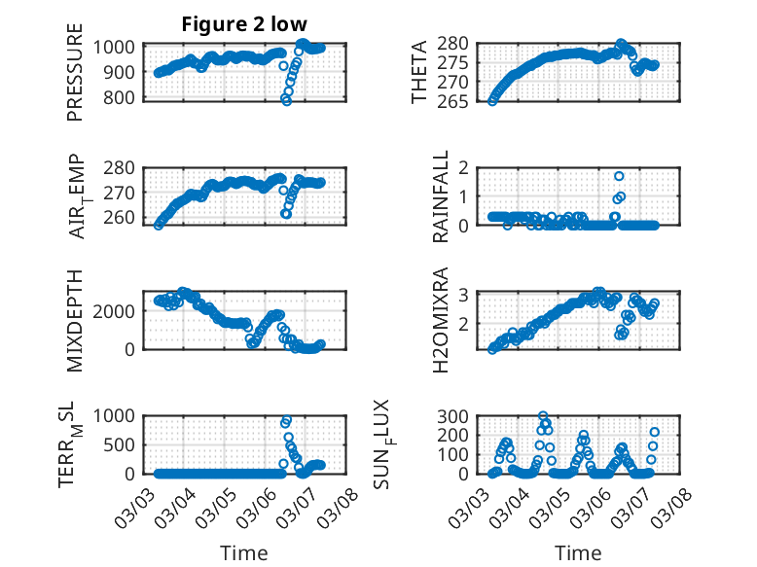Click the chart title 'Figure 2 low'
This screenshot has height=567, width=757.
click(x=244, y=24)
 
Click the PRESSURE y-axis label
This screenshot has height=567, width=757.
click(x=76, y=73)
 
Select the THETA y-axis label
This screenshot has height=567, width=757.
click(x=418, y=73)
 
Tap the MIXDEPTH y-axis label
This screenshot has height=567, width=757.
click(x=76, y=320)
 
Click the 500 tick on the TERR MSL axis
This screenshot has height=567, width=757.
click(x=124, y=444)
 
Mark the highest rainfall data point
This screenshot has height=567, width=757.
click(x=619, y=176)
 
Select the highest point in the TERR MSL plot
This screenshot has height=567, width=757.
click(x=286, y=421)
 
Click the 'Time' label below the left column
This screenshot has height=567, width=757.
click(x=244, y=552)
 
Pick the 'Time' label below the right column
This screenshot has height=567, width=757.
click(x=579, y=552)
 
